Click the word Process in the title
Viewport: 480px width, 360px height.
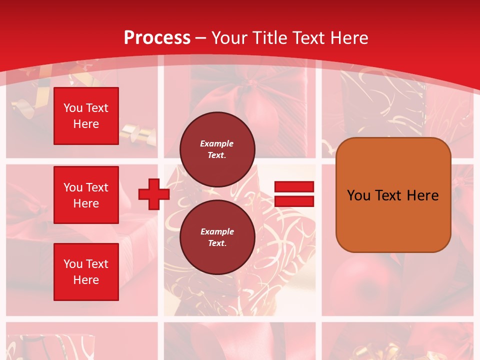click(157, 38)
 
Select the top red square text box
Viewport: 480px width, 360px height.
click(86, 116)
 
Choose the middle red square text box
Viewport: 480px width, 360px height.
click(86, 195)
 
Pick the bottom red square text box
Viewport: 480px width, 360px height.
click(86, 272)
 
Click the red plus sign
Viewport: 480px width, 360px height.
click(154, 194)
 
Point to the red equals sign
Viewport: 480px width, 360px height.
click(294, 194)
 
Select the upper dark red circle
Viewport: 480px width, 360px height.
click(217, 149)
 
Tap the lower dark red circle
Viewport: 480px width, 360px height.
click(217, 237)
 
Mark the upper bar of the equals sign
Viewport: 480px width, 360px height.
click(294, 186)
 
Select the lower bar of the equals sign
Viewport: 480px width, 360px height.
click(294, 201)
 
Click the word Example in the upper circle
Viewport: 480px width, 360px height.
click(217, 144)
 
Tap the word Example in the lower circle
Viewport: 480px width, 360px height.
click(217, 232)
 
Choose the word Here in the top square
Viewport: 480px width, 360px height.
click(86, 124)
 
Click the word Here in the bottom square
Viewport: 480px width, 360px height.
click(86, 280)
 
